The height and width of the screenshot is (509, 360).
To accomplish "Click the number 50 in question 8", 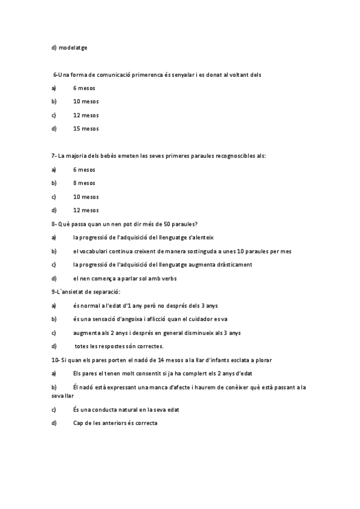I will pos(150,224).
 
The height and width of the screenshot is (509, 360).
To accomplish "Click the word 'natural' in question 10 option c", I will pos(131,409).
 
